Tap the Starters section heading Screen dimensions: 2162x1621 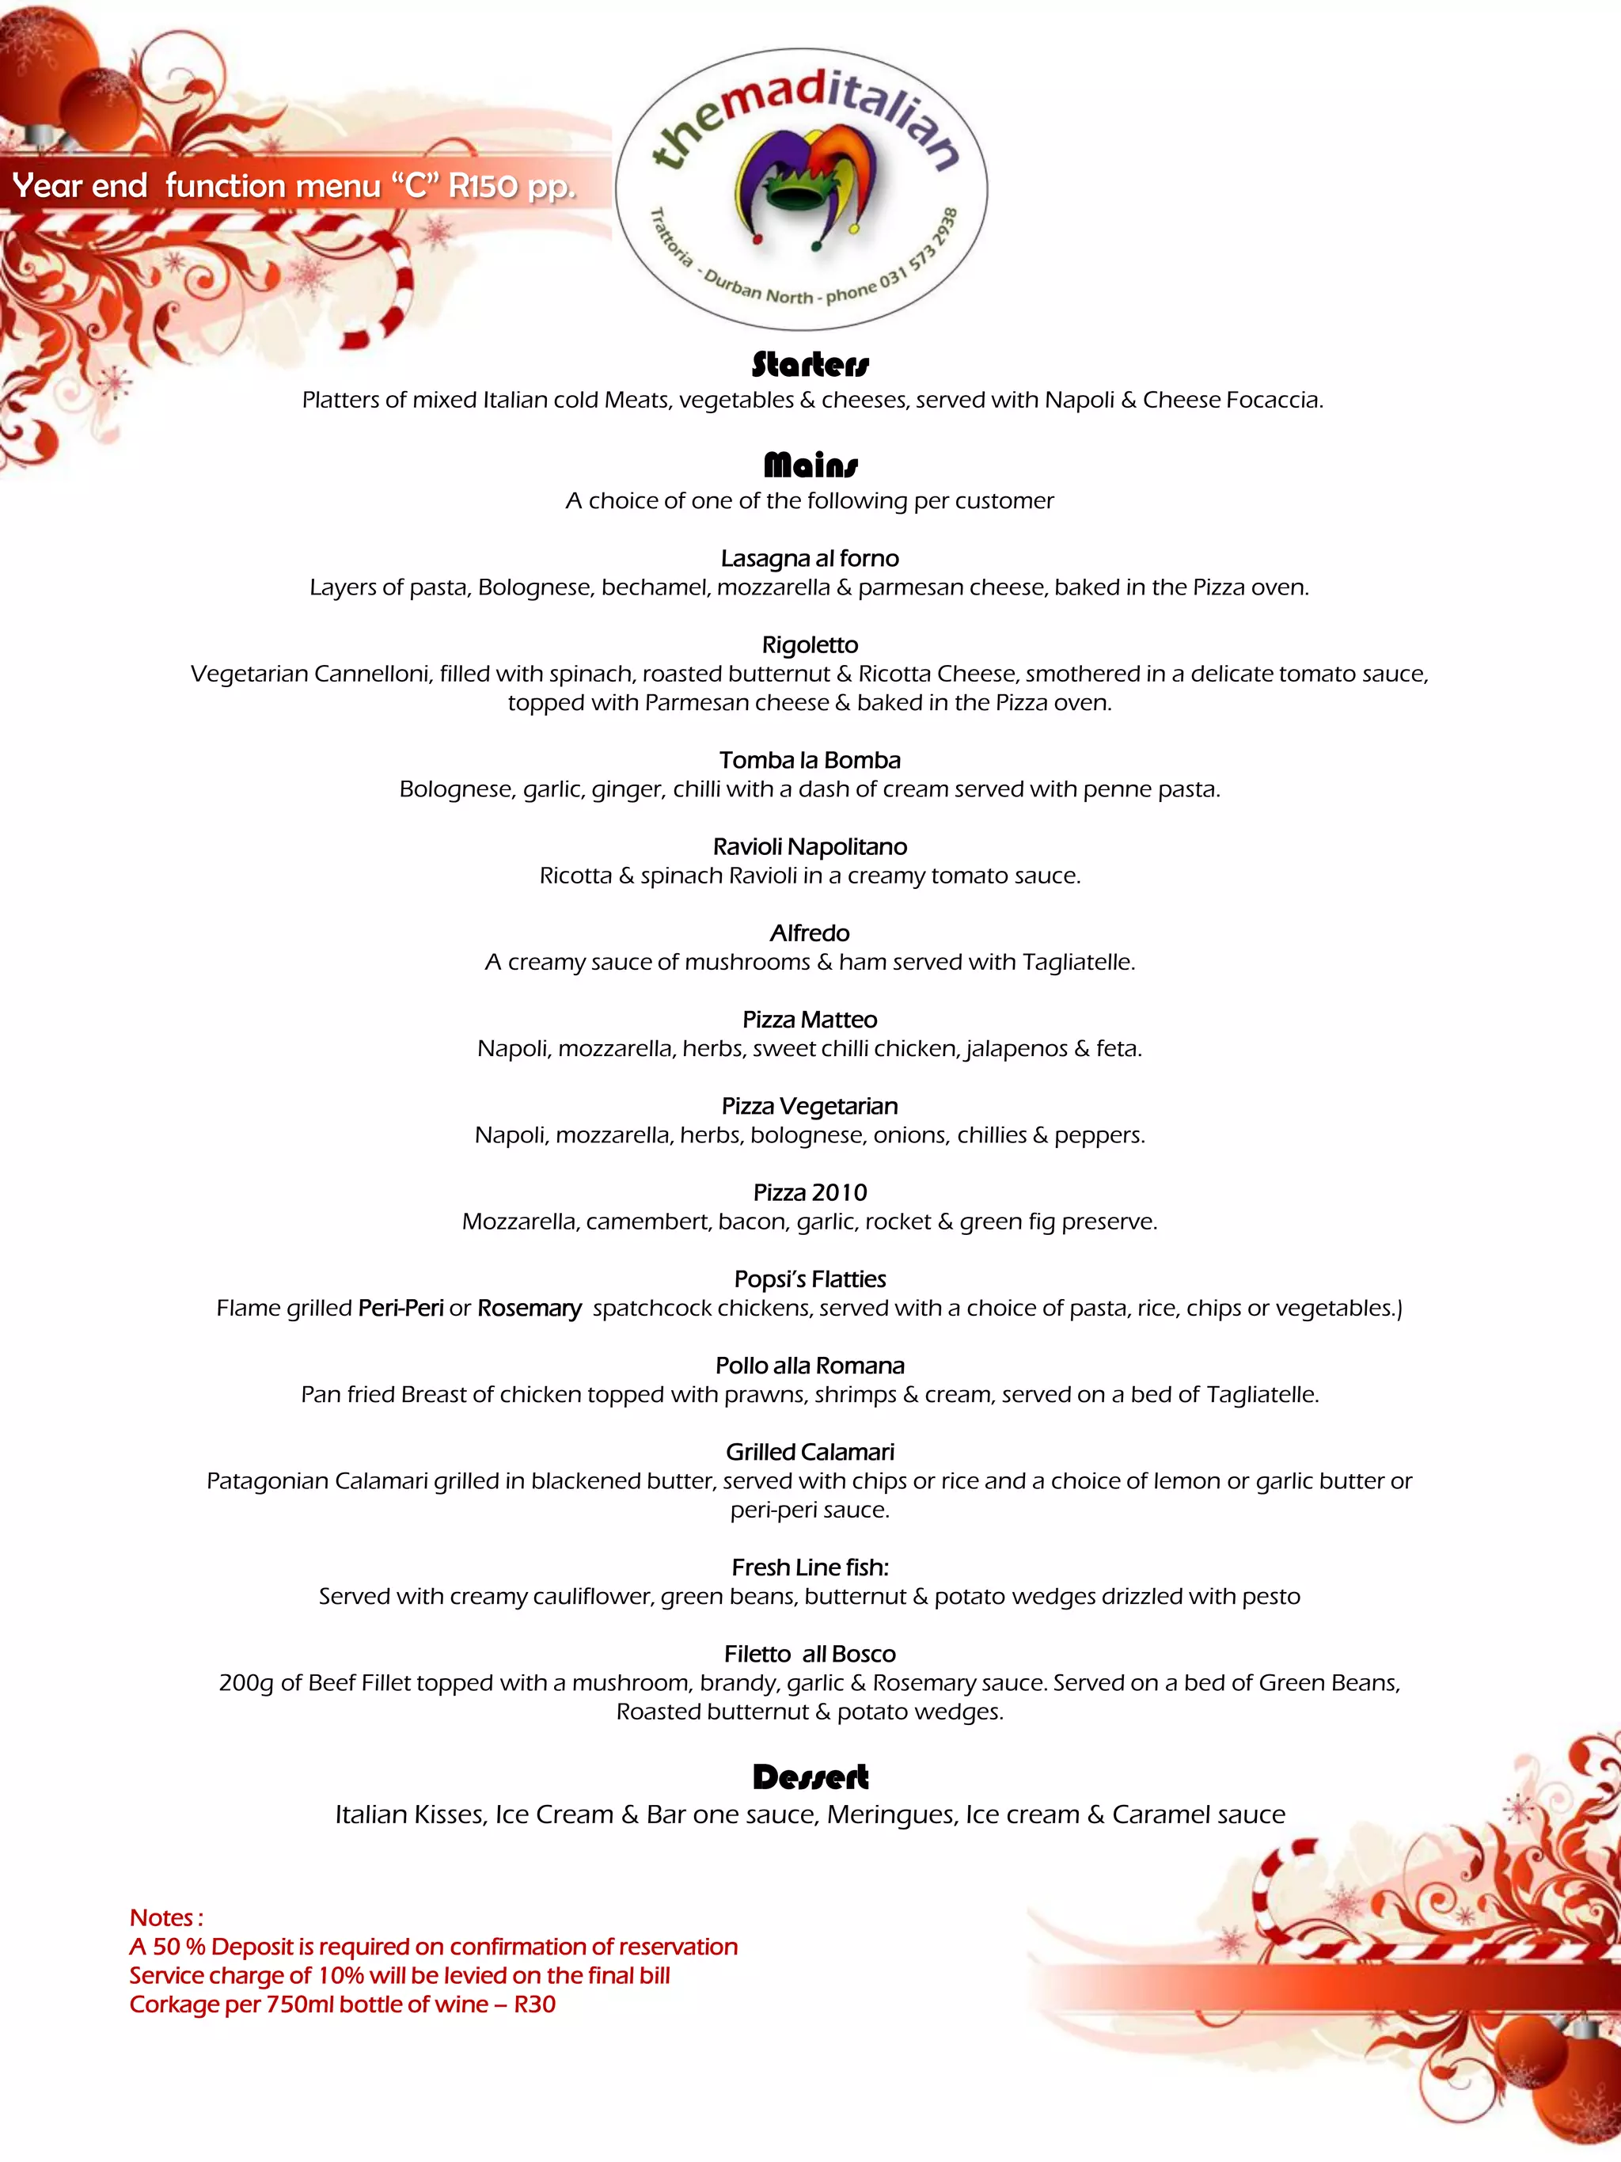click(x=810, y=365)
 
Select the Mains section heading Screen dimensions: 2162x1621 click(x=810, y=465)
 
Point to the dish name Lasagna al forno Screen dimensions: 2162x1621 click(x=810, y=558)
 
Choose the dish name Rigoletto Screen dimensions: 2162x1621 click(x=810, y=645)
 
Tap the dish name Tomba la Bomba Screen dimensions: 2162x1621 click(x=810, y=761)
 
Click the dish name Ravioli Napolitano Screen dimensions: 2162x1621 click(x=810, y=846)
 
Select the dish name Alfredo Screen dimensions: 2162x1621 click(x=810, y=933)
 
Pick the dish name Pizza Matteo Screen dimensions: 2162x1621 click(x=810, y=1020)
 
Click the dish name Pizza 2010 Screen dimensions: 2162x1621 click(x=810, y=1192)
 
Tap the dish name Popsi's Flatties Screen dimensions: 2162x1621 click(x=810, y=1279)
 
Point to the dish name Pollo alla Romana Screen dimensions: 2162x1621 click(x=810, y=1366)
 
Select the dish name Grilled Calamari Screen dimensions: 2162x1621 click(x=810, y=1453)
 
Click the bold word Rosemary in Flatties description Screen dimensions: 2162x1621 click(x=529, y=1308)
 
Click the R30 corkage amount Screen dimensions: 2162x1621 click(x=534, y=2004)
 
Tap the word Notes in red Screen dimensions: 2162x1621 click(x=161, y=1917)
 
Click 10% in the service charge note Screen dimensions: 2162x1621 click(x=341, y=1975)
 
